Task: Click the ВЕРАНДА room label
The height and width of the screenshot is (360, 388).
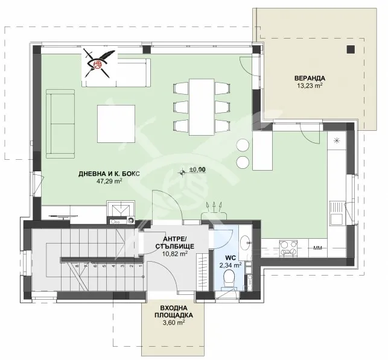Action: coord(310,78)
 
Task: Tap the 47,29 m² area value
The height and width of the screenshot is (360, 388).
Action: coord(109,182)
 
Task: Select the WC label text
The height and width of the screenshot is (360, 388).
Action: coord(231,258)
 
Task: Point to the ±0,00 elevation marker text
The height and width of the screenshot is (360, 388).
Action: coord(197,169)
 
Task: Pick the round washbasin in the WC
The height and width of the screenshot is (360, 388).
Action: coord(245,241)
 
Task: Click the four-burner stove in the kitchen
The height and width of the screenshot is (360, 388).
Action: coord(288,248)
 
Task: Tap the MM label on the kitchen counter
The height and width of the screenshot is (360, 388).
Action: coord(318,248)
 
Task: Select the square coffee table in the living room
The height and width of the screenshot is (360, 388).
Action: coord(116,124)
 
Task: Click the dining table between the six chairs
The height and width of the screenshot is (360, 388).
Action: coord(202,107)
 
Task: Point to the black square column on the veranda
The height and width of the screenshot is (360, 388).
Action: coord(351,49)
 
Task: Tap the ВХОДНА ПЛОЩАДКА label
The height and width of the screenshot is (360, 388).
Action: coord(174,312)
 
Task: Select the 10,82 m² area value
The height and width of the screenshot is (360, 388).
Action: coord(175,254)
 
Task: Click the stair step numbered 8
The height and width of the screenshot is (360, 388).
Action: coord(77,267)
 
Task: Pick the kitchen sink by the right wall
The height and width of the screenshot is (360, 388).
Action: coord(337,214)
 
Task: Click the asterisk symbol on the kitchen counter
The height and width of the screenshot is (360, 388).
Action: coord(336,141)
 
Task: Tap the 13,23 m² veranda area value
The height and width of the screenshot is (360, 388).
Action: coord(310,86)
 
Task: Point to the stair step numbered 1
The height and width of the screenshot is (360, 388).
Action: coord(141,267)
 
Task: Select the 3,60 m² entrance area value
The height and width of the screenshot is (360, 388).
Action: coord(173,323)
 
